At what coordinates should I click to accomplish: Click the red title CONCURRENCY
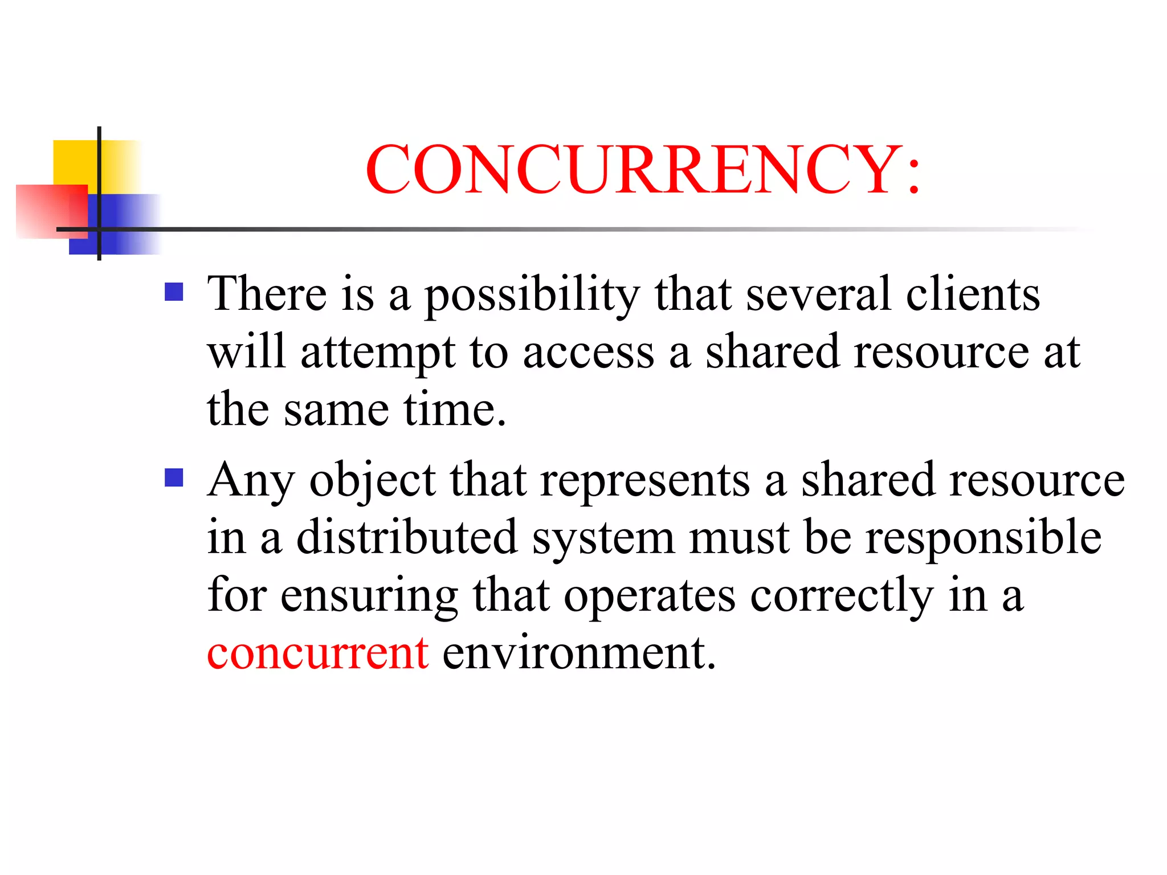click(x=642, y=170)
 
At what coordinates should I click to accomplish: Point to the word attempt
click(x=377, y=353)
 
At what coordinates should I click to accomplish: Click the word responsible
click(x=984, y=538)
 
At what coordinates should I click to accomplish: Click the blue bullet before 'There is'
click(x=174, y=292)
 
